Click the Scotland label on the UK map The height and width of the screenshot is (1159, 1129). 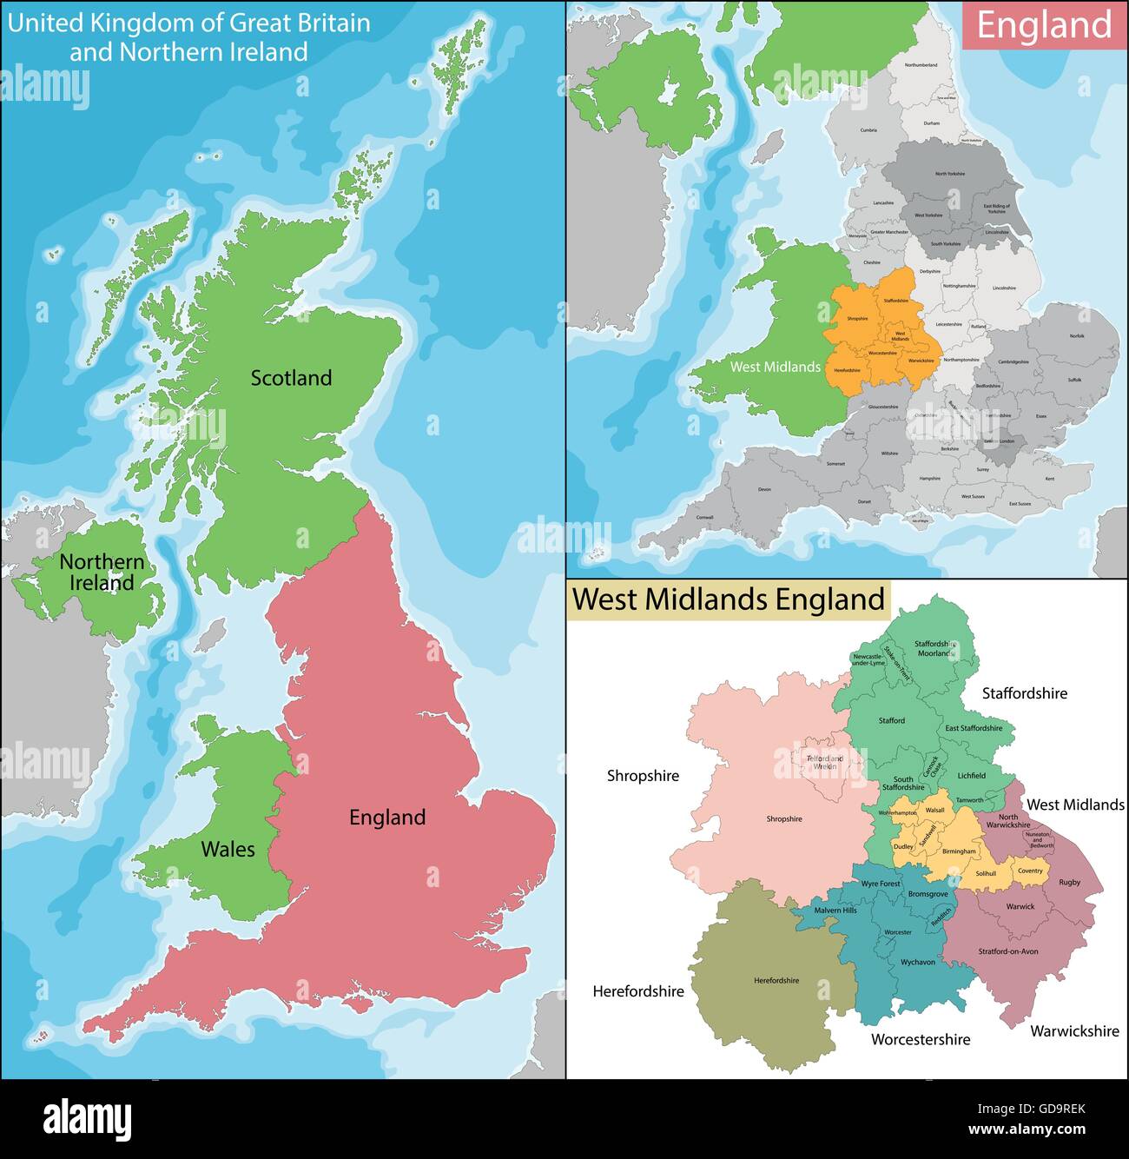pos(291,378)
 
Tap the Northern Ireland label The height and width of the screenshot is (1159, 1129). pos(102,573)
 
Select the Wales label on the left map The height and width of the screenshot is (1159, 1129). pos(228,849)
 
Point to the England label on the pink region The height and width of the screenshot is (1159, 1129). pos(387,818)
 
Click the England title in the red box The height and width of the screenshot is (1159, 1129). pos(1044,25)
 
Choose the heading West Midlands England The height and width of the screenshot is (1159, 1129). pos(729,599)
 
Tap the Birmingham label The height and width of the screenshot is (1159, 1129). pos(959,851)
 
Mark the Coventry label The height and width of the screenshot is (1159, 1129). pos(1030,871)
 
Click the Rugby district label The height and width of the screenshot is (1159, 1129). pos(1070,882)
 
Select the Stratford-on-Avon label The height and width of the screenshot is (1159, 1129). pos(1008,951)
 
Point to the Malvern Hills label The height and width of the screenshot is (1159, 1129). pos(835,911)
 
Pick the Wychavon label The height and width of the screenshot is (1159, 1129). pos(918,962)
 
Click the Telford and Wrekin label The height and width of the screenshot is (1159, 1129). pos(824,762)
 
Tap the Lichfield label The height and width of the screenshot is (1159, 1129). pos(972,776)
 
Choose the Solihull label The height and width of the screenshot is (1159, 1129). pos(986,874)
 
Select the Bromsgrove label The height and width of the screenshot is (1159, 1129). pos(928,894)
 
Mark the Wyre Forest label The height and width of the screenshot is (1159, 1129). pos(881,884)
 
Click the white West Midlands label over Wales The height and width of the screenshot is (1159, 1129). pos(775,367)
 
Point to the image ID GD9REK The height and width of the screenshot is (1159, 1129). pos(1031,1109)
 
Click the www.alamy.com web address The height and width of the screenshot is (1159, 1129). pos(1027,1130)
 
